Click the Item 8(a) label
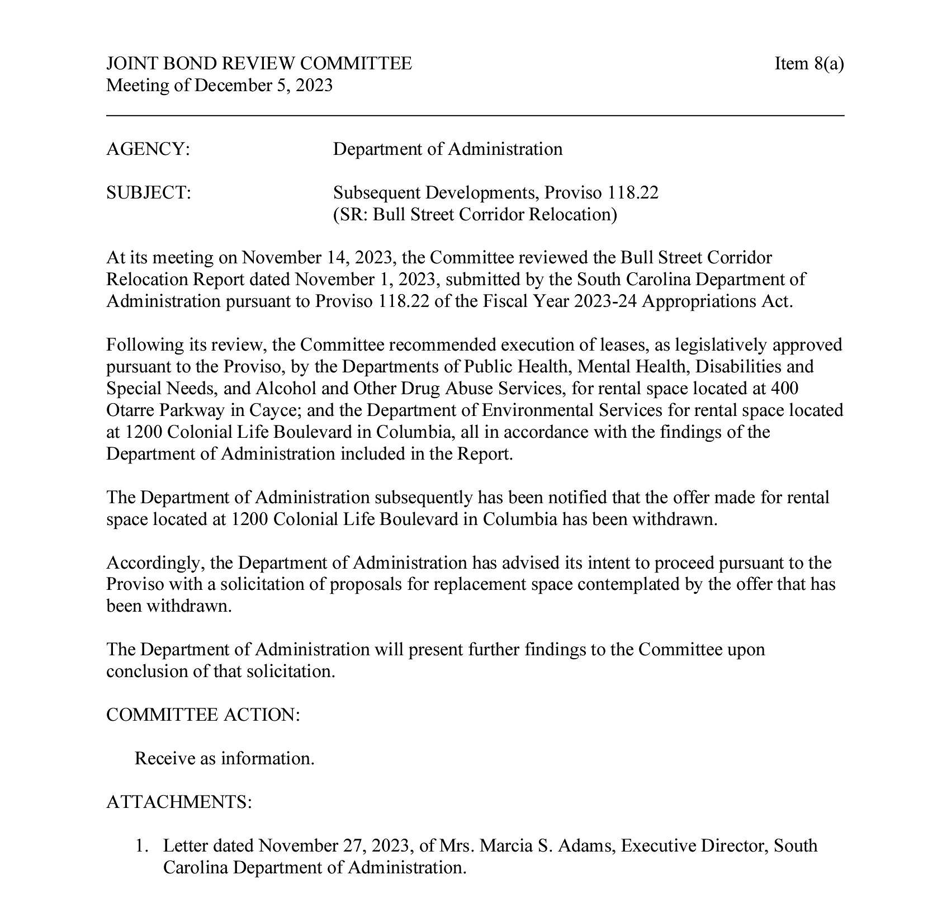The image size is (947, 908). point(808,64)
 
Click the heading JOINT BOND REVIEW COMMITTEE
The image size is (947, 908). point(259,64)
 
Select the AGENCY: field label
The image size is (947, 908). point(148,149)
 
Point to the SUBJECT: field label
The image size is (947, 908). point(149,193)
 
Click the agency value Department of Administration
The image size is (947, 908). point(448,149)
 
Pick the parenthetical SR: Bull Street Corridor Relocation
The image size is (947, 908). point(475,215)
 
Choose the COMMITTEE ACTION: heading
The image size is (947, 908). point(203,715)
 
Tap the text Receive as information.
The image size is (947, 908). point(224,759)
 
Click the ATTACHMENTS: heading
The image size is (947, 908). point(179,802)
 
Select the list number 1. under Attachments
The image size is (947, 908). point(142,846)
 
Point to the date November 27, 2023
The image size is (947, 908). point(334,846)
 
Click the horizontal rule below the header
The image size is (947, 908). point(475,116)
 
